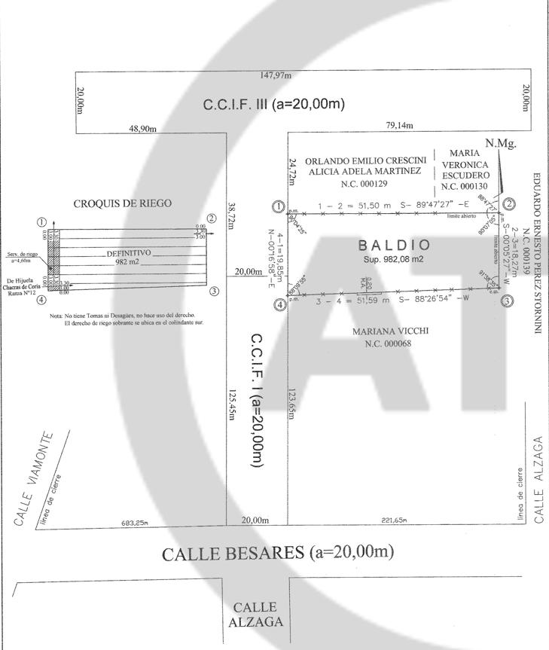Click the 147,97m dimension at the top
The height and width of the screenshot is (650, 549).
[x=276, y=75]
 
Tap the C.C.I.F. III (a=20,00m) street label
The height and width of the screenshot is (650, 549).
[x=274, y=105]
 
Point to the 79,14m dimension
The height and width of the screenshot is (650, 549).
[x=399, y=127]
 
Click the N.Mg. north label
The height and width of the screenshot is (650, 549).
[x=501, y=143]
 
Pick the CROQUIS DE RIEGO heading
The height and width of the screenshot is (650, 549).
[x=122, y=203]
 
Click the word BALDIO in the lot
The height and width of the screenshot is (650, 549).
[x=394, y=245]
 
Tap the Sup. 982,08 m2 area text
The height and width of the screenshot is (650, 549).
[x=394, y=258]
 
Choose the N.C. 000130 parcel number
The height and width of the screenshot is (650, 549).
[x=465, y=186]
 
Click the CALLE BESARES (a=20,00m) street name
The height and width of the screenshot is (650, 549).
[x=278, y=554]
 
